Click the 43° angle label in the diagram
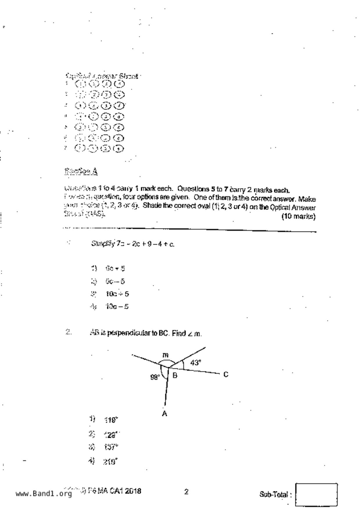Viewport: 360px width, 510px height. pos(196,363)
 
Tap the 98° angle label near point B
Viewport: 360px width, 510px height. pos(155,377)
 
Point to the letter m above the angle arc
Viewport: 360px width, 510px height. pos(165,355)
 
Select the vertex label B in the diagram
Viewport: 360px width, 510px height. pos(175,375)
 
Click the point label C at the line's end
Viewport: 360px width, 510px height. pos(226,375)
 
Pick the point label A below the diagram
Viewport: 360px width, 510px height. pos(164,413)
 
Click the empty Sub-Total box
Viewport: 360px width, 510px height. pos(316,494)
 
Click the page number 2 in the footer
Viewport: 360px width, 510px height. pos(186,492)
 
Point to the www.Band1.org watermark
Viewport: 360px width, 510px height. pos(44,493)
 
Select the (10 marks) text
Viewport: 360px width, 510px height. pos(298,217)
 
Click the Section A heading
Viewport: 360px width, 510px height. pos(81,172)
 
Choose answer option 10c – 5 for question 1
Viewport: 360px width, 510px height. pos(117,306)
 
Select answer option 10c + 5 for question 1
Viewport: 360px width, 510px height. pos(117,294)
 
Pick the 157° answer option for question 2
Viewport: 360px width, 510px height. pos(111,447)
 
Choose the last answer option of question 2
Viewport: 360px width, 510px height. pos(110,461)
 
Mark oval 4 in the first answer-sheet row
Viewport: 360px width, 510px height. pos(119,84)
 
